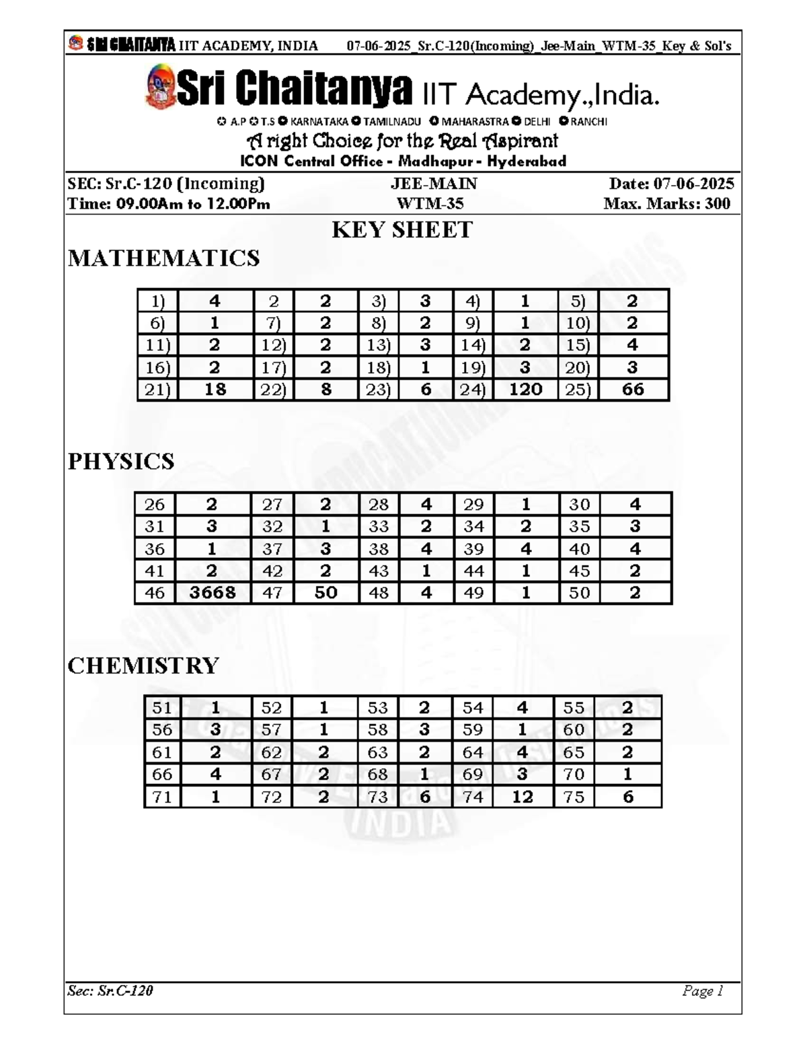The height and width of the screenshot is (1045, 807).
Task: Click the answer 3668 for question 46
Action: [x=213, y=593]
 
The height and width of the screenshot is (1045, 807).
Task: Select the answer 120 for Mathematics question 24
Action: [x=525, y=390]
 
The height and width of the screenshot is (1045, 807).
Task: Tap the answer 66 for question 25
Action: [x=633, y=390]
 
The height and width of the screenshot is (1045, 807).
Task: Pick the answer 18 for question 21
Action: [x=215, y=390]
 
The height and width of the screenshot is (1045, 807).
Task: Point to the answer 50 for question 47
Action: [x=325, y=593]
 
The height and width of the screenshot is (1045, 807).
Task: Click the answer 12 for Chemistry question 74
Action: [x=522, y=797]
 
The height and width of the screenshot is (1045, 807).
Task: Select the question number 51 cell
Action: [x=162, y=708]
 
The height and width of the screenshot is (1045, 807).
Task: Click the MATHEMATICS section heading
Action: [x=163, y=258]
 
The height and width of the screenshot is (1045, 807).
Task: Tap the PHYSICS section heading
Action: [x=121, y=462]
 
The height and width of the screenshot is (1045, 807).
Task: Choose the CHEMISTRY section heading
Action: [x=143, y=665]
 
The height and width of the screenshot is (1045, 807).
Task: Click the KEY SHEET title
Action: [x=402, y=230]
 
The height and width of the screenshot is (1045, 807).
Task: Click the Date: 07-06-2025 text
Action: [x=671, y=184]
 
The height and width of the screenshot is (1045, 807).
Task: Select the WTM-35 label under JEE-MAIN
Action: [x=430, y=204]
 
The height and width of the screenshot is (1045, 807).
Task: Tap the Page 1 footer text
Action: [x=702, y=990]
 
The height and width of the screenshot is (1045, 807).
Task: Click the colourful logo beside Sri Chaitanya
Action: [x=160, y=87]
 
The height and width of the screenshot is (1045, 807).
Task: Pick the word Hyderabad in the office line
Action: [x=527, y=161]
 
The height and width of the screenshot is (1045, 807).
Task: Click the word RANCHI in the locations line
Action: [x=588, y=122]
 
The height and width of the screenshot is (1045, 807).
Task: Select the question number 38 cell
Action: [x=379, y=549]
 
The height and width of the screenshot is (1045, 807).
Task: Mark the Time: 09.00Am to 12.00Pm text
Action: [x=169, y=204]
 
